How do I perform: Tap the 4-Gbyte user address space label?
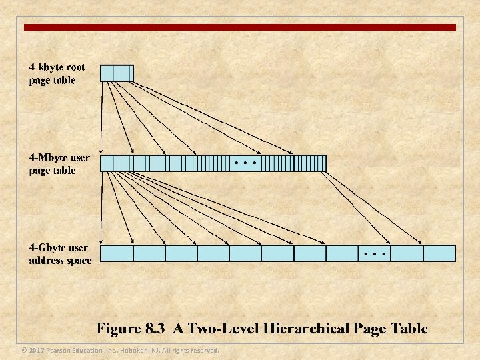59,254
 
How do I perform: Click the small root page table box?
117,73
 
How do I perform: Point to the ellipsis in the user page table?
245,163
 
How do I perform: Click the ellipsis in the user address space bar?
374,253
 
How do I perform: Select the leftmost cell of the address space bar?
117,253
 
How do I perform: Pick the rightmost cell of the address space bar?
439,253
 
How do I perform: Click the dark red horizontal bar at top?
240,27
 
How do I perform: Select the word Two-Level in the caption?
219,328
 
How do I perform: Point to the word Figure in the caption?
118,328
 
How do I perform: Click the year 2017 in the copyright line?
37,350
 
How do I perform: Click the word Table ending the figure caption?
409,328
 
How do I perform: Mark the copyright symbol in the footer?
24,350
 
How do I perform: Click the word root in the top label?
75,68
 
